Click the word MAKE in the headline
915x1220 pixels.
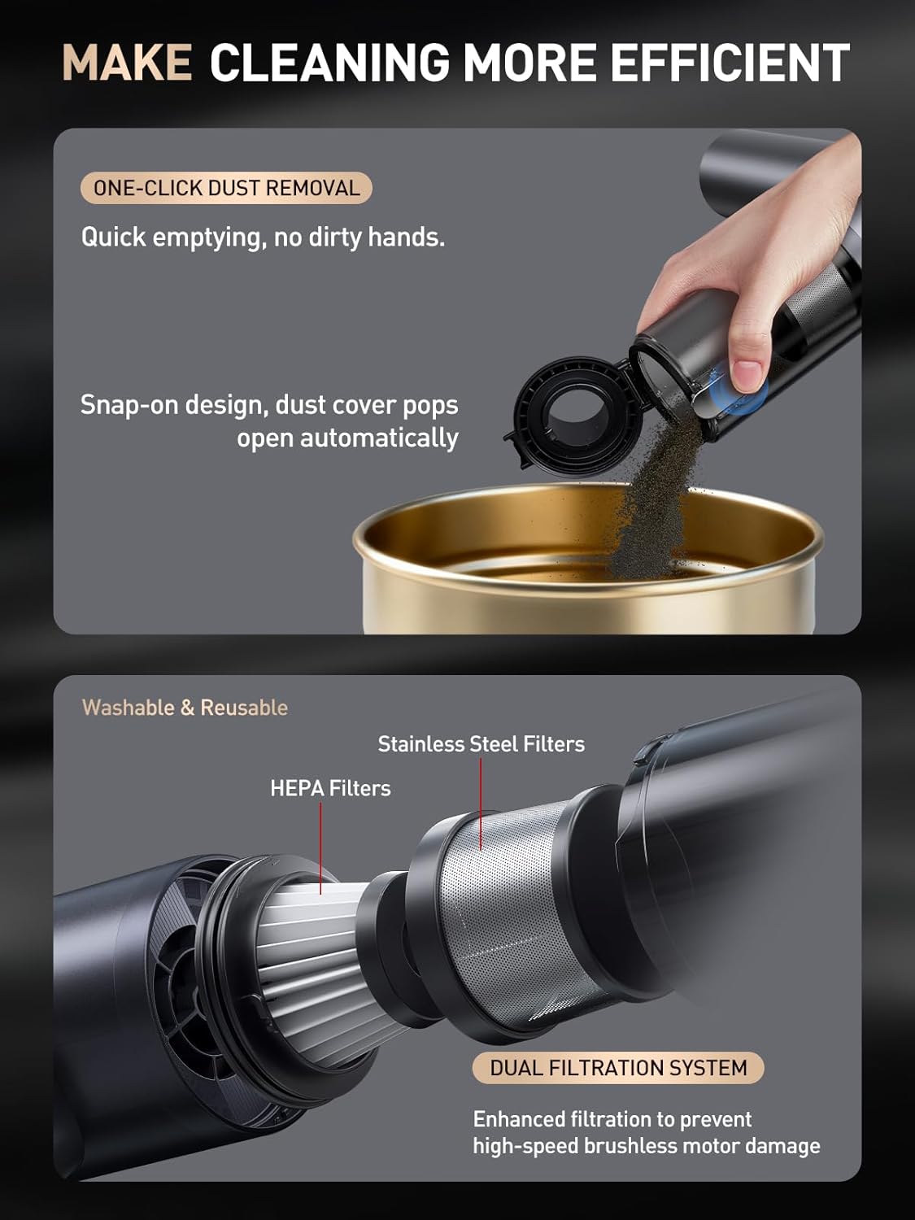coord(127,63)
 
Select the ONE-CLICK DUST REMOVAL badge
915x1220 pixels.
coord(226,188)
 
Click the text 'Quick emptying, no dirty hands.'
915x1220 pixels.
coord(263,237)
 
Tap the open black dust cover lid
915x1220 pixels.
coord(566,415)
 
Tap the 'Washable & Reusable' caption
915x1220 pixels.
coord(185,708)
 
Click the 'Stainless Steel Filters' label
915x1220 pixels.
coord(481,743)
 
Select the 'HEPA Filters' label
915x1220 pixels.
coord(330,788)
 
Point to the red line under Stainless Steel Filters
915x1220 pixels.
coord(481,805)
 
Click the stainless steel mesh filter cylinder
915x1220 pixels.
coord(504,911)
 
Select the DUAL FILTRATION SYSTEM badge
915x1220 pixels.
coord(618,1068)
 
